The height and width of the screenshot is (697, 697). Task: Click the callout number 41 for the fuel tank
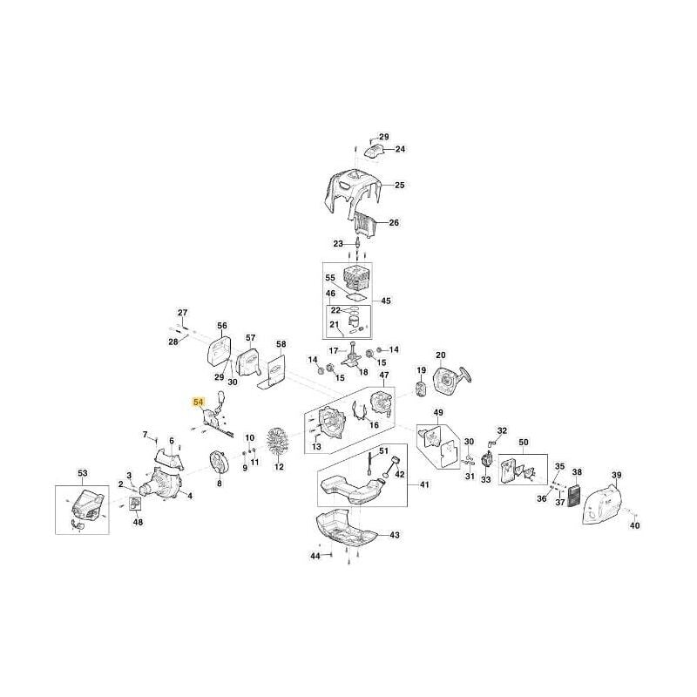424,484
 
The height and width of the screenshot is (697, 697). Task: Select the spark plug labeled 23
357,243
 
